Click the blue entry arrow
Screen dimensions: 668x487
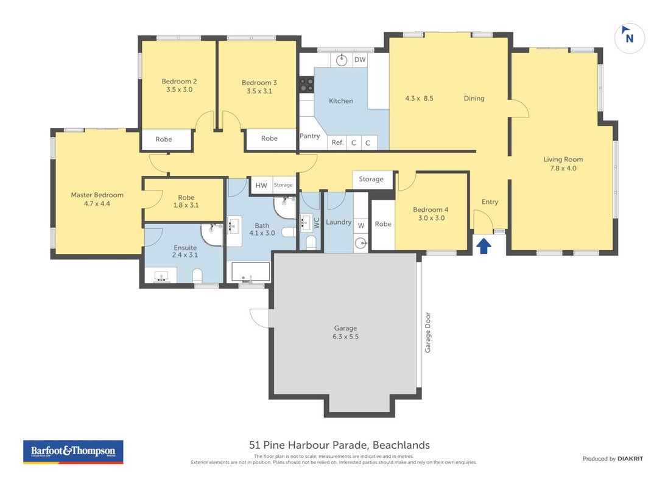(483, 246)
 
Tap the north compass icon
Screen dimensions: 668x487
(629, 38)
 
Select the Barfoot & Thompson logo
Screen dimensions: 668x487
(73, 452)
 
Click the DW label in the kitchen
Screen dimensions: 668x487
(360, 60)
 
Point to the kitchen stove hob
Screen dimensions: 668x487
(306, 85)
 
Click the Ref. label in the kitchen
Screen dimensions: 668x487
(338, 142)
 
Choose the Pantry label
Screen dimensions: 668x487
(310, 136)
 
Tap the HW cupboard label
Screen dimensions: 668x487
(261, 185)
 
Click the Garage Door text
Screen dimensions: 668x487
(427, 333)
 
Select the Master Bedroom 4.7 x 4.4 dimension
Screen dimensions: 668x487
(97, 204)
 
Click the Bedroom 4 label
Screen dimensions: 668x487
(431, 209)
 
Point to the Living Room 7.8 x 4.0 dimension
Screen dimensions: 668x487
(563, 168)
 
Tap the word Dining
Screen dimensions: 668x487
(474, 99)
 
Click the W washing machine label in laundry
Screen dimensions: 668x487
(361, 226)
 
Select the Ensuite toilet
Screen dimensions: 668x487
(197, 275)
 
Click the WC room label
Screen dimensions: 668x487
(317, 223)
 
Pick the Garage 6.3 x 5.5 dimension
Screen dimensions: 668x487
(345, 337)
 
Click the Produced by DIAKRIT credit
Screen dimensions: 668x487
(613, 459)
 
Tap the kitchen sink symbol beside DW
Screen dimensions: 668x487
(342, 60)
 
